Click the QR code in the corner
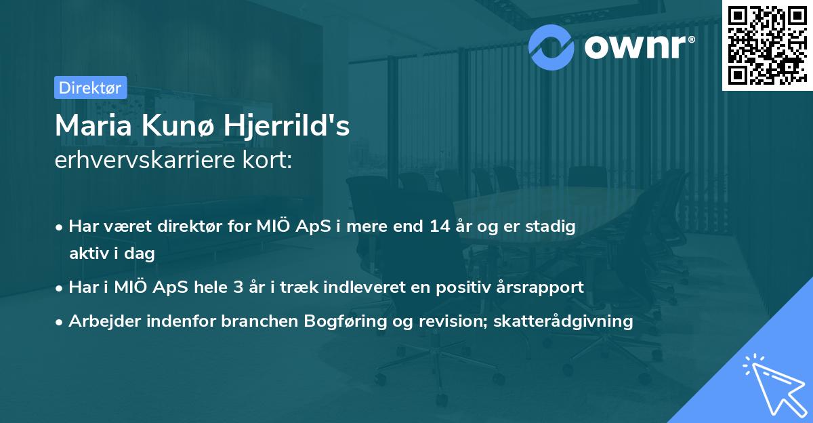767,45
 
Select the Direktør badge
90,87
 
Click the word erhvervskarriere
144,161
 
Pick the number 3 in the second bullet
238,287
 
